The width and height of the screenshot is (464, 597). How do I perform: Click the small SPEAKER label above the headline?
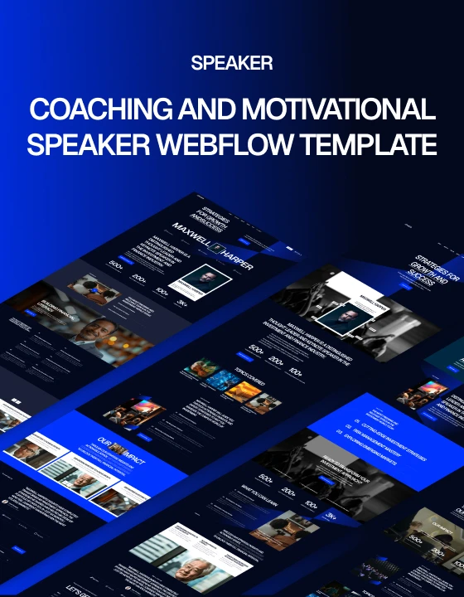[231, 63]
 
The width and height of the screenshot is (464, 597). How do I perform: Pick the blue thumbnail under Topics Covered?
[221, 381]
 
